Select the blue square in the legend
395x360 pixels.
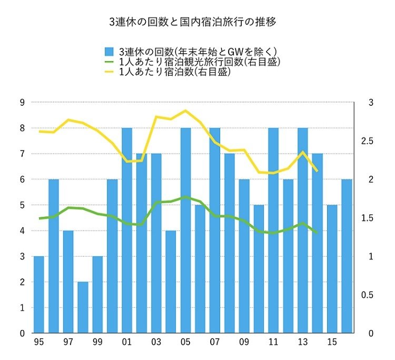(110, 52)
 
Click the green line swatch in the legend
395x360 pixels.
(110, 62)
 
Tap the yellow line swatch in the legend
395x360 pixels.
(110, 73)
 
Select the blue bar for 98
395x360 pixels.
(83, 307)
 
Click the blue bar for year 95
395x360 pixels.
(39, 295)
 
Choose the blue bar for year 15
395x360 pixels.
(332, 269)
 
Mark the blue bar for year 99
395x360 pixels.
(97, 295)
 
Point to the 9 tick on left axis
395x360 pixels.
(22, 103)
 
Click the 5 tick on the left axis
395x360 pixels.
(22, 205)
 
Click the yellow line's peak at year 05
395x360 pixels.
(185, 111)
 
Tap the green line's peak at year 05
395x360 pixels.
(185, 197)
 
